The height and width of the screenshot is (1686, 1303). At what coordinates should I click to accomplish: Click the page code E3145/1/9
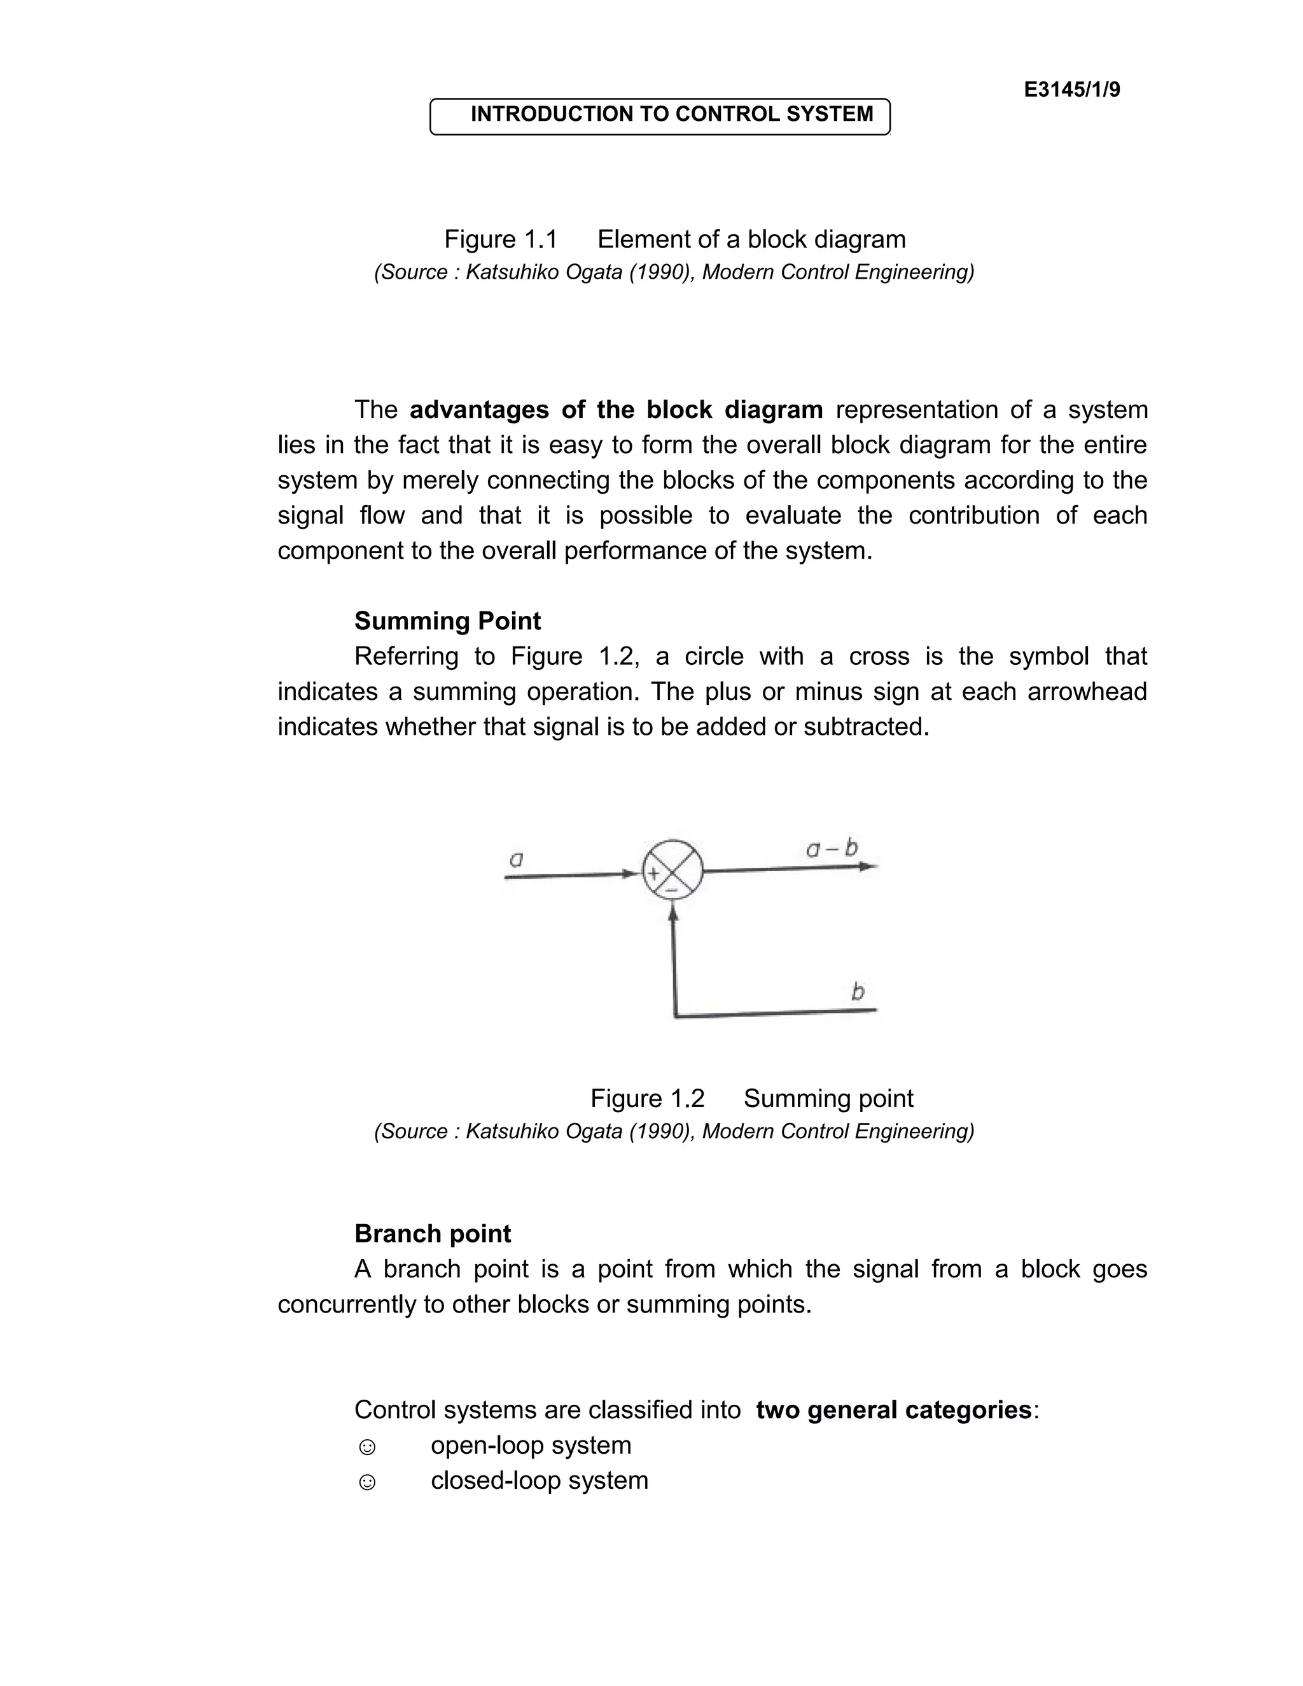1071,90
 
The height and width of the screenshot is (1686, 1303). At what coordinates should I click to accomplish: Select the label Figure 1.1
500,239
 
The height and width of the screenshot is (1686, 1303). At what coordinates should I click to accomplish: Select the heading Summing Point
448,622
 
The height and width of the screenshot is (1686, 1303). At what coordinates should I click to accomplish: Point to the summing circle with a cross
672,870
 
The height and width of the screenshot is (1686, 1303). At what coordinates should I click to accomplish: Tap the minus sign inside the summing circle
672,891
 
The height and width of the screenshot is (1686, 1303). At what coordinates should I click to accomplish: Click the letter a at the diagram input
517,858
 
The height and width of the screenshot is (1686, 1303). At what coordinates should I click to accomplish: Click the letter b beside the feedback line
858,991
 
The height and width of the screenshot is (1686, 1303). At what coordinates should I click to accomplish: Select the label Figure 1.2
647,1099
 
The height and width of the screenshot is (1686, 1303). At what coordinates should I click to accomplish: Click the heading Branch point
432,1234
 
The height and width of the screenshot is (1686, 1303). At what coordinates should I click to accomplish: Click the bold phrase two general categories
893,1411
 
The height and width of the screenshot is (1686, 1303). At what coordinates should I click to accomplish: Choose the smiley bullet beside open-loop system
368,1447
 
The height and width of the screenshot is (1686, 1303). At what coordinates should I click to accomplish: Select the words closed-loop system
539,1480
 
